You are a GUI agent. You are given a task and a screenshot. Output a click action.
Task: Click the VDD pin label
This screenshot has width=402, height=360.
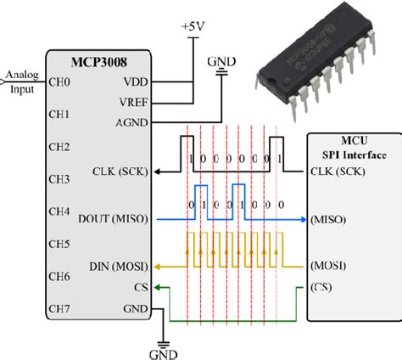pyautogui.click(x=135, y=83)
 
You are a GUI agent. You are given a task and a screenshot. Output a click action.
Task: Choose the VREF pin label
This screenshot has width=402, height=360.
pyautogui.click(x=133, y=102)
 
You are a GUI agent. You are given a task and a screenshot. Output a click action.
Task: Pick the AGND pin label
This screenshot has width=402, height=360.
pyautogui.click(x=132, y=121)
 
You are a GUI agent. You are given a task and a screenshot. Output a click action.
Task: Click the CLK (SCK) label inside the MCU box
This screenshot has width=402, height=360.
pyautogui.click(x=339, y=170)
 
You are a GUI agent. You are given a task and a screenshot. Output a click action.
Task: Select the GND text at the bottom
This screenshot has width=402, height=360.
pyautogui.click(x=162, y=352)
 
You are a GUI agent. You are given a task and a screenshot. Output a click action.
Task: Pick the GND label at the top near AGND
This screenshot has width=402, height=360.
pyautogui.click(x=222, y=62)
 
